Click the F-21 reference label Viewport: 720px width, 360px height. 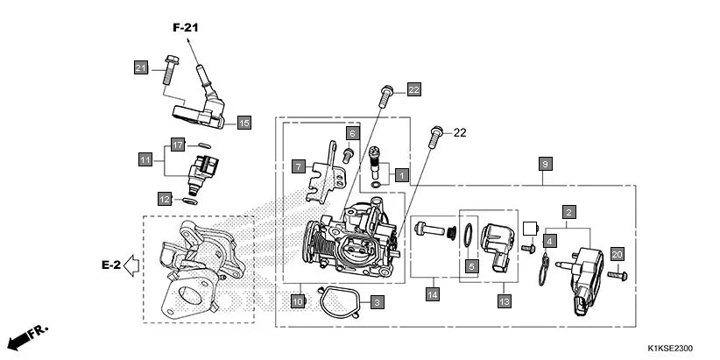coord(186,28)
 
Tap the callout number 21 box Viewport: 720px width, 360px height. coord(141,68)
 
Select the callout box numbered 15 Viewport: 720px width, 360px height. coord(244,123)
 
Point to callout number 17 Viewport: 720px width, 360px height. coord(177,145)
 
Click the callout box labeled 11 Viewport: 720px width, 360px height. coord(145,159)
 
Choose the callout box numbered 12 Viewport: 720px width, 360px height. coord(165,199)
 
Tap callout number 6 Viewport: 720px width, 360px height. coord(352,133)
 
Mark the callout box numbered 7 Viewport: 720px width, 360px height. coord(299,165)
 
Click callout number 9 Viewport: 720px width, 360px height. coord(545,164)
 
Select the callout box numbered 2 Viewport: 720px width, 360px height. coord(568,212)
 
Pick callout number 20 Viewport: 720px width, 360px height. coord(617,254)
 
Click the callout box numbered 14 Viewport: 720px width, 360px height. coord(432,295)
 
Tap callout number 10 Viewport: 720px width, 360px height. coord(298,301)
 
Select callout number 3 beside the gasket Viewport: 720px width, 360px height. coord(377,302)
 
